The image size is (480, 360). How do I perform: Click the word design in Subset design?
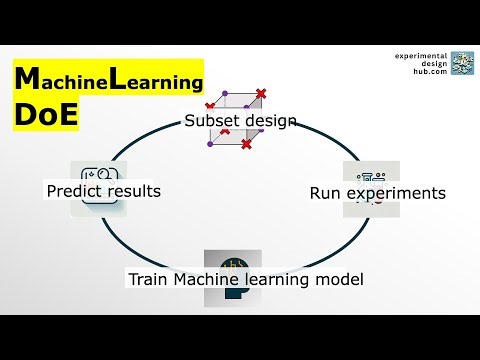point(271,121)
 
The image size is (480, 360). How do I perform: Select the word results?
point(134,190)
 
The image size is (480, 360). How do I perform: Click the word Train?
point(148,279)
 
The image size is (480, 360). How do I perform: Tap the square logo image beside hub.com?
point(463,63)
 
